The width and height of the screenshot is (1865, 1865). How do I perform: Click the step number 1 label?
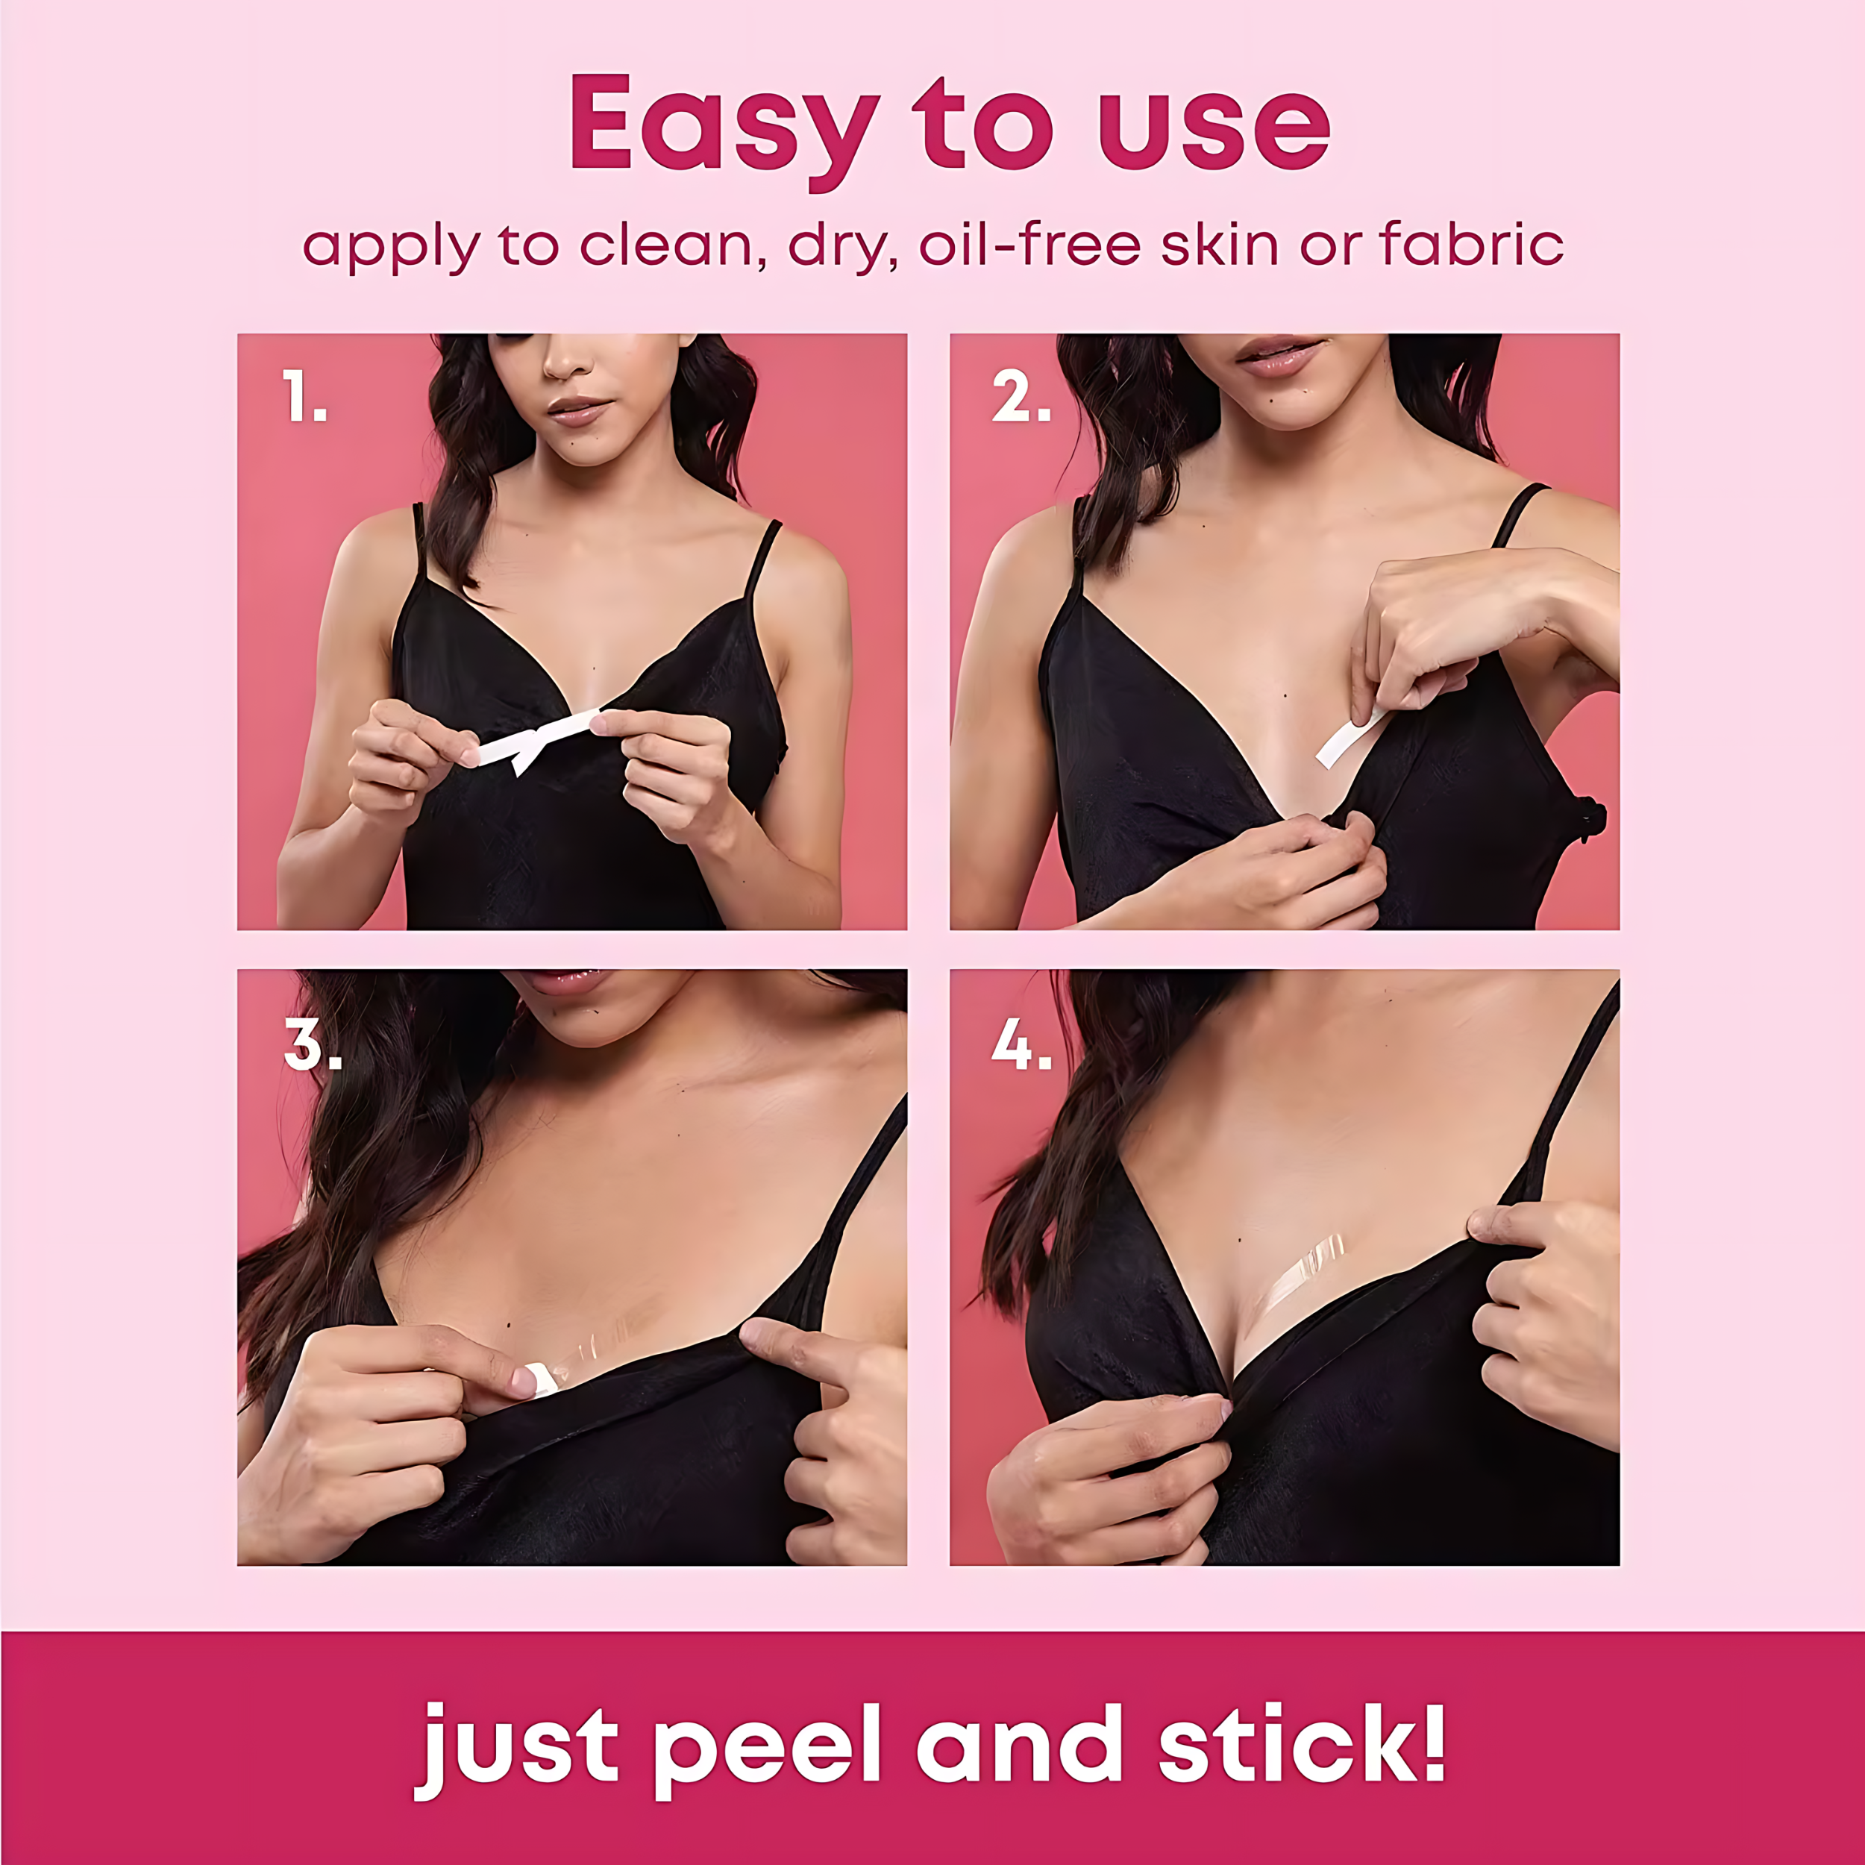coord(304,397)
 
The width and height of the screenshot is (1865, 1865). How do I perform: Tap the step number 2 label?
coord(1021,397)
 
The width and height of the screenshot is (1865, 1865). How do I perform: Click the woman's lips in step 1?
coord(578,413)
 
